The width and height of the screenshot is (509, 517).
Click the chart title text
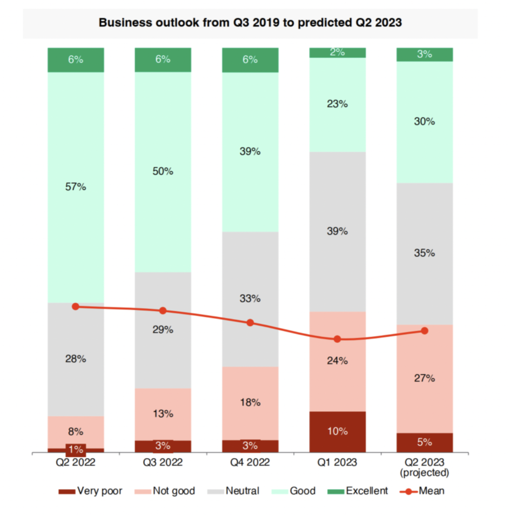(250, 22)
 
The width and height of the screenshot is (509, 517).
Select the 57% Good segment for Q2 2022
(76, 187)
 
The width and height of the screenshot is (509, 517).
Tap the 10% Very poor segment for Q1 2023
(337, 431)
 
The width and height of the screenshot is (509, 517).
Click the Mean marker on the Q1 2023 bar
(337, 339)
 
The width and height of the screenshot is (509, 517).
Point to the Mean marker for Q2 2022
(76, 306)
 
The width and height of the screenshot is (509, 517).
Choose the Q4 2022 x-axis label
(250, 462)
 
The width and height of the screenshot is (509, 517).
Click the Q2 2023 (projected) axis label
(424, 467)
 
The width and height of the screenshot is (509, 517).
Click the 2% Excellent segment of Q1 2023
(337, 53)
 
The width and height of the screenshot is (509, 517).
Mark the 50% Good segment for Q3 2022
(163, 171)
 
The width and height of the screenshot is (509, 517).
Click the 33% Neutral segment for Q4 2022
(250, 299)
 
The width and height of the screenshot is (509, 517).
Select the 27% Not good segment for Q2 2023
(424, 378)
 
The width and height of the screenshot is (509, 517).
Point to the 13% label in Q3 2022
(163, 414)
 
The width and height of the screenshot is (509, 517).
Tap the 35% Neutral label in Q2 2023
(424, 253)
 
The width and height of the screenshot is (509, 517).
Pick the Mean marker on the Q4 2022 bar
(250, 323)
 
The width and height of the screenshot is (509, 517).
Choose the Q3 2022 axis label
(163, 462)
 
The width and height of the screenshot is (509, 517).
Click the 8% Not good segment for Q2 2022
(76, 432)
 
